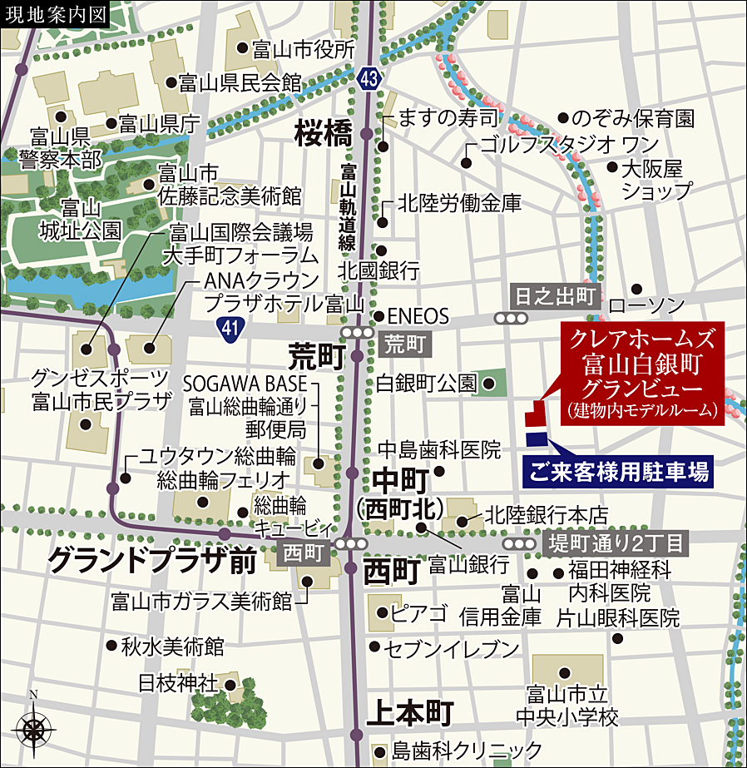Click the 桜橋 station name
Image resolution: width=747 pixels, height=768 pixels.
[324, 132]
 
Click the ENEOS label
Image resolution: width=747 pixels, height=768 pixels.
[418, 316]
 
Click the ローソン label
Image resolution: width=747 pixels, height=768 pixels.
[646, 305]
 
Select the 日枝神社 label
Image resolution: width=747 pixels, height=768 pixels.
[177, 683]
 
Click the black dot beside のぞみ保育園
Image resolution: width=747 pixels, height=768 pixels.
[563, 118]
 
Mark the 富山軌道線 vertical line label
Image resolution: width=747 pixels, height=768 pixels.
[348, 207]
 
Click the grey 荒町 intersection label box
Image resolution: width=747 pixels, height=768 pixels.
[406, 342]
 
